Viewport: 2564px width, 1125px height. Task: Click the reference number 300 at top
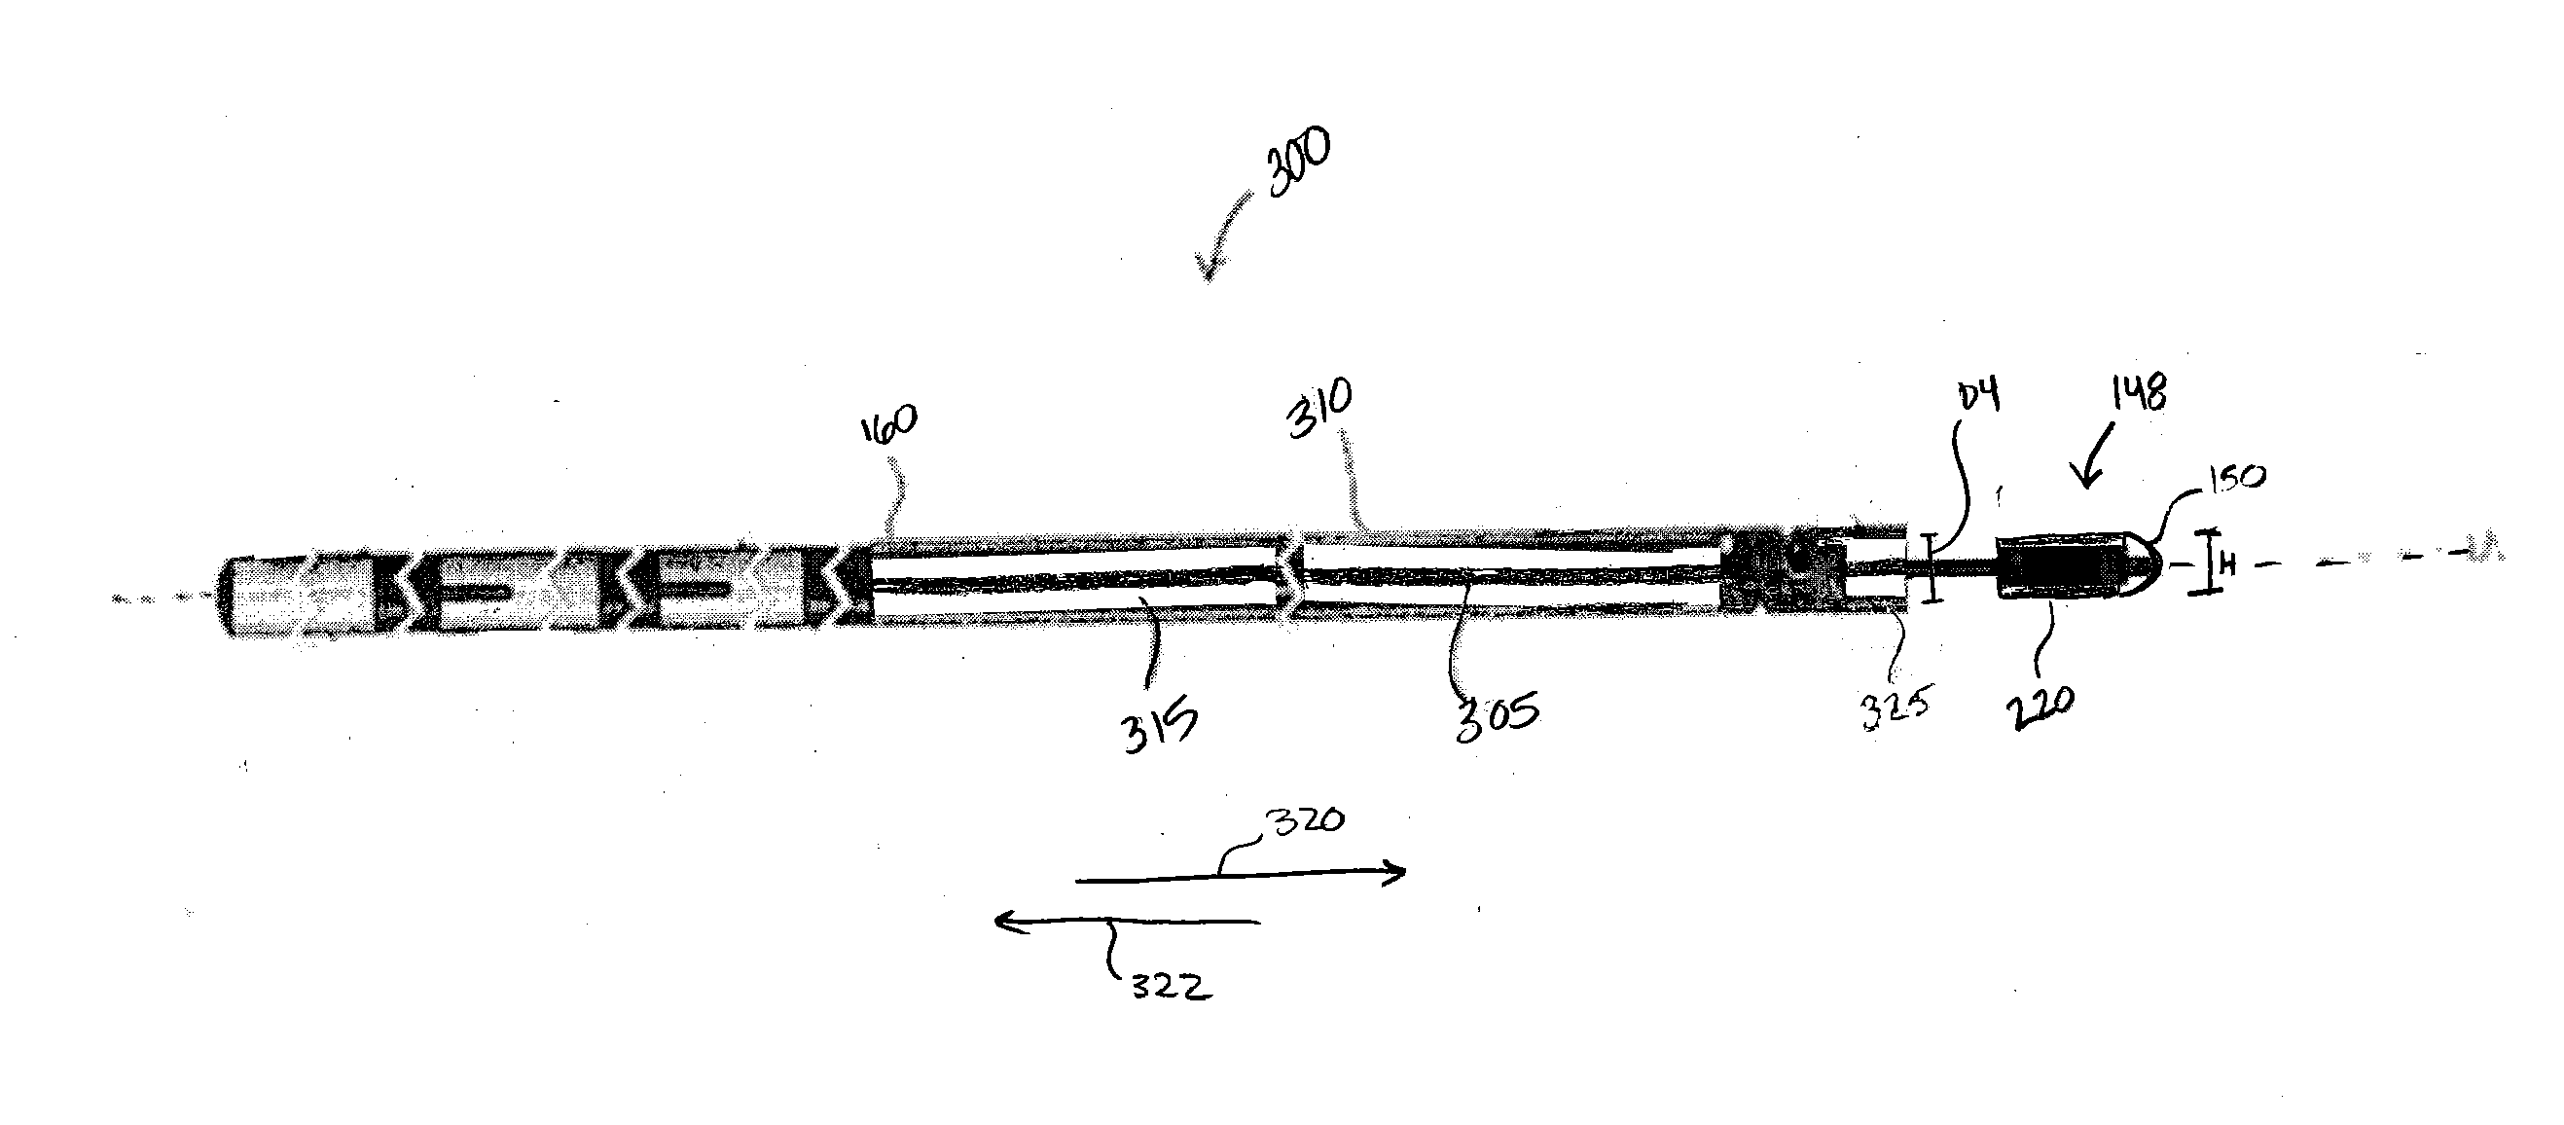click(x=1296, y=163)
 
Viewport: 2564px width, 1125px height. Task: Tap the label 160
click(x=887, y=425)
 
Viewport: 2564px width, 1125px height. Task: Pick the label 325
click(x=1896, y=709)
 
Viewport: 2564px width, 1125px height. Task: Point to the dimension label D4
click(x=1978, y=396)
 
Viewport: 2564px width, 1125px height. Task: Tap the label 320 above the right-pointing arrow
click(x=1304, y=822)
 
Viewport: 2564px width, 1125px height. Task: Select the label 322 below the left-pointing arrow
click(x=1171, y=987)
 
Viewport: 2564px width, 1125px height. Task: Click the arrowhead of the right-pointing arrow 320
click(x=1401, y=872)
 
